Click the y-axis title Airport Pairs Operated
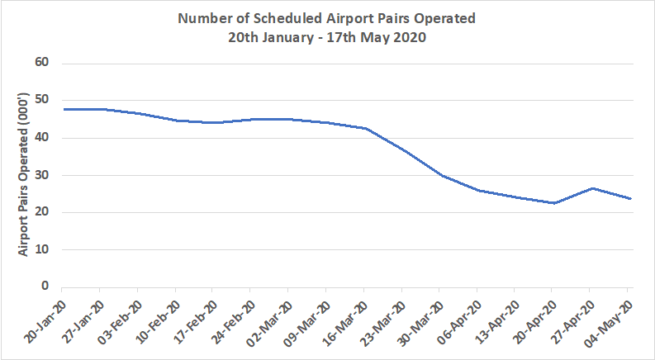25,174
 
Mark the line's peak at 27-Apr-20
589,188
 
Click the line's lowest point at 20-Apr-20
552,203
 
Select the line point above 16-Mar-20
363,128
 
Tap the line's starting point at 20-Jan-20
62,109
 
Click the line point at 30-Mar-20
439,175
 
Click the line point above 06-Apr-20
477,190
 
